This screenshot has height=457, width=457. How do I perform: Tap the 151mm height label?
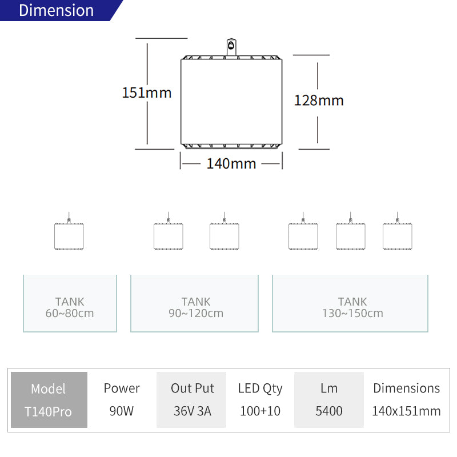147,93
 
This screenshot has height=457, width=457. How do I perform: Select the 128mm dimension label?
319,101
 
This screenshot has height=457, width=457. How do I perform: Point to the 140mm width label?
231,163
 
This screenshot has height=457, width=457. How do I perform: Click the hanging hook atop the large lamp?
231,47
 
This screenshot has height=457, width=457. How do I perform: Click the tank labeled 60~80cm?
70,303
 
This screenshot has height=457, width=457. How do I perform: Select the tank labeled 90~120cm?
194,303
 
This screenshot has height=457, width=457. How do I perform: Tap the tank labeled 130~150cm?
350,303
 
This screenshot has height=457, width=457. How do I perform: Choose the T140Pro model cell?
49,412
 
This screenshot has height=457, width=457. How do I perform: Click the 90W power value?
122,411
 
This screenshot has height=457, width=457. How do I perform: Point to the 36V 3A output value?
193,411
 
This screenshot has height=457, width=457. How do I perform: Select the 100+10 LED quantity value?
260,411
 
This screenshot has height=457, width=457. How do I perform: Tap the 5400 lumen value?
329,411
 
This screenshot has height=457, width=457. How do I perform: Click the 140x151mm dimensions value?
406,411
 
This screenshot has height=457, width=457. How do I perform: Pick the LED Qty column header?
260,389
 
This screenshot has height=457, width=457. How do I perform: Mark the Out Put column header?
193,388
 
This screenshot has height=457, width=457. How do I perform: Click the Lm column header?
329,388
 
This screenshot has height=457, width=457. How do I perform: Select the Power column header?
122,388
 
